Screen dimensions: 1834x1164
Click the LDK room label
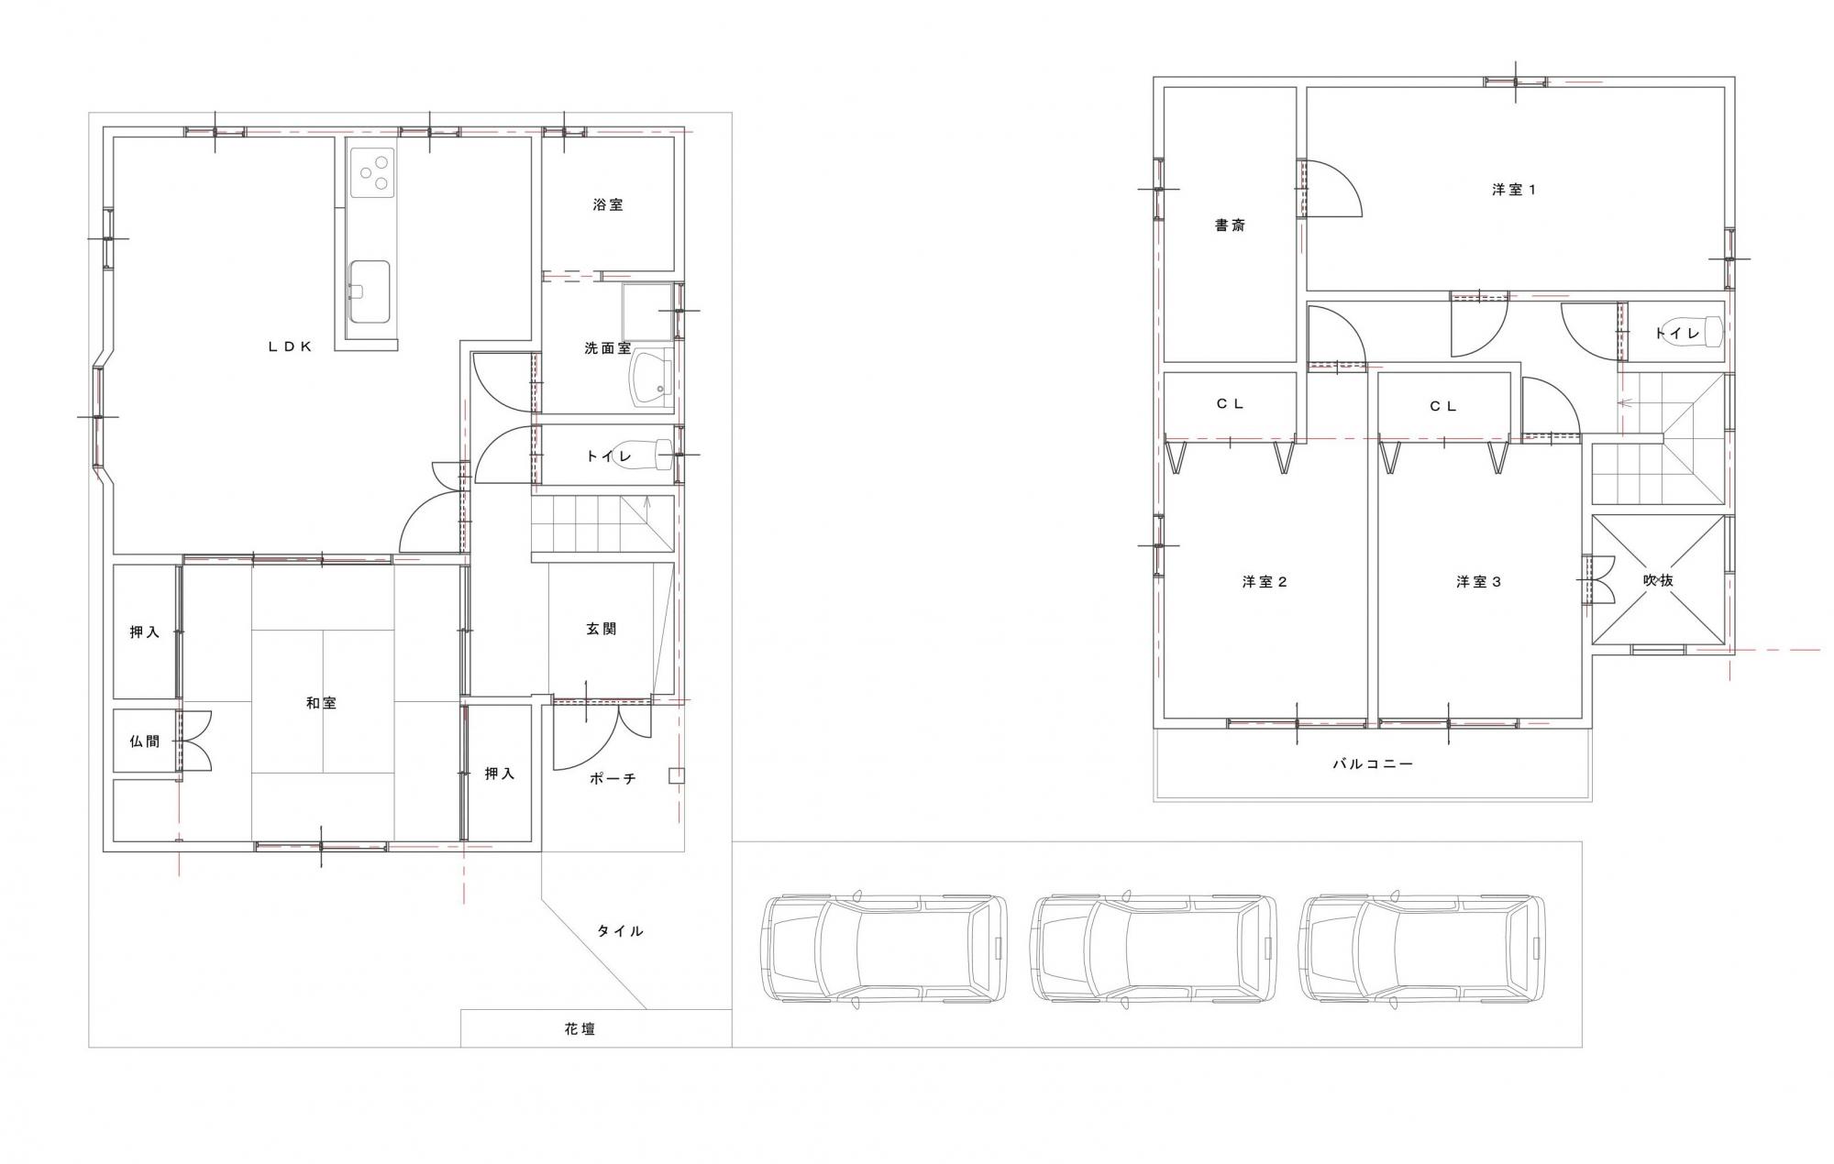(x=291, y=346)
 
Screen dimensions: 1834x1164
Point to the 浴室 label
(x=607, y=205)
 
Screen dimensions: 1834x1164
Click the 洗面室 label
(x=607, y=348)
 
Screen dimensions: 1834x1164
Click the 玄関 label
(x=601, y=629)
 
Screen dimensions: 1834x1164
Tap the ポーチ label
(x=612, y=778)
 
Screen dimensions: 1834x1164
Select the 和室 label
(x=321, y=703)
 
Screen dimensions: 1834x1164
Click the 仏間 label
(x=145, y=741)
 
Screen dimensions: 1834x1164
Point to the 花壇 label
(x=580, y=1029)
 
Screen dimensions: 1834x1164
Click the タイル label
(x=621, y=930)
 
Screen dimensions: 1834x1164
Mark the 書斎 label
(x=1230, y=225)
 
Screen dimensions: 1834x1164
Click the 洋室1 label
(x=1513, y=190)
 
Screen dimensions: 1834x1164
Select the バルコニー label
(x=1373, y=763)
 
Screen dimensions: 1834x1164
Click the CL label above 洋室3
(x=1443, y=406)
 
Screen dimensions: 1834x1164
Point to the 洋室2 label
(x=1265, y=582)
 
